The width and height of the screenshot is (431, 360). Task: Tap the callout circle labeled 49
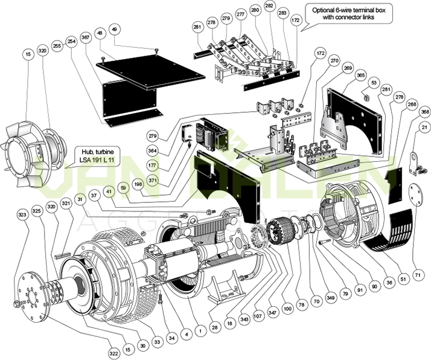coord(115,30)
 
